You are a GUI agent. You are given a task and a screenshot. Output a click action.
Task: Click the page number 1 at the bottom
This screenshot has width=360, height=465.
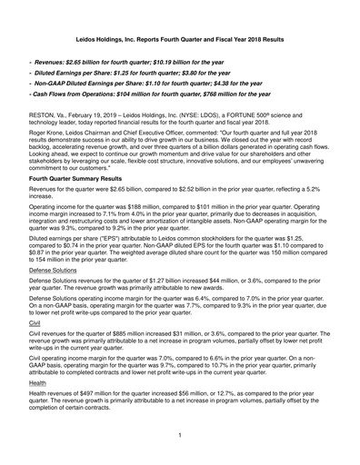click(180, 436)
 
